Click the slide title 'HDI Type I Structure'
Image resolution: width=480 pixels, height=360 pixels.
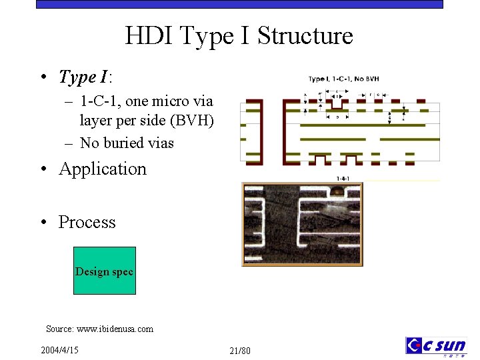pos(239,35)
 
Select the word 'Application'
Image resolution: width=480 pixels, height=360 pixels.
pos(103,169)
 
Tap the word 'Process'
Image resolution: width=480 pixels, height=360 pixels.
pos(87,222)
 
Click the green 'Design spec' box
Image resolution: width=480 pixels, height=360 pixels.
pos(105,271)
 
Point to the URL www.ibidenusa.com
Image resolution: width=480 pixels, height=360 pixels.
pos(115,329)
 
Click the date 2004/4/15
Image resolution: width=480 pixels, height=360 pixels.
pos(59,350)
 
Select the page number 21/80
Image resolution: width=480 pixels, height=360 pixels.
pos(239,351)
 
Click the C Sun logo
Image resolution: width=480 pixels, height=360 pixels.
pos(436,346)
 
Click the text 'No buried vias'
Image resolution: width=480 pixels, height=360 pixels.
pos(127,143)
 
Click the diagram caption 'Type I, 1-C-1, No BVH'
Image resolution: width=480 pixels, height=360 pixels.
pos(343,79)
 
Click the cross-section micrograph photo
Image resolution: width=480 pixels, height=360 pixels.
pos(302,224)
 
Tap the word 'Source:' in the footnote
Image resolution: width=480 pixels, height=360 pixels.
pos(60,329)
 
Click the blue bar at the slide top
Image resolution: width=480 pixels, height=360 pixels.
pos(239,4)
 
